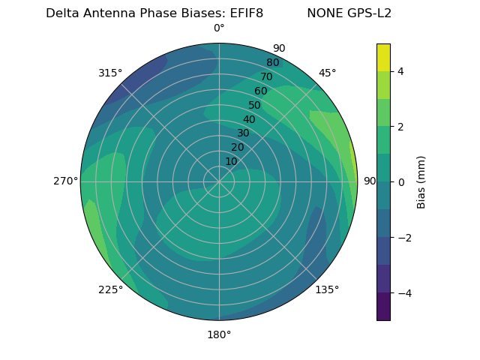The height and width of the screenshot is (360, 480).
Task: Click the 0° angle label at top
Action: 219,28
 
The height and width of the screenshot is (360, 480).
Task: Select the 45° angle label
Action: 327,73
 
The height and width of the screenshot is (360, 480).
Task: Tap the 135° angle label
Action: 327,289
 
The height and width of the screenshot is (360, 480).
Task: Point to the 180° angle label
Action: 219,334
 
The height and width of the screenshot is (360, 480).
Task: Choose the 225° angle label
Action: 110,290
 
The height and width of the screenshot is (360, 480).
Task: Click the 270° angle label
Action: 66,181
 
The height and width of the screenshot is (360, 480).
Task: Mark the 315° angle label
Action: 110,73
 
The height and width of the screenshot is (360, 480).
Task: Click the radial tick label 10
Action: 232,161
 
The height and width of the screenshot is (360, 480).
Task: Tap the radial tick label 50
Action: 255,106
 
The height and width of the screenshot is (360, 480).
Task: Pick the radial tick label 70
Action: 267,77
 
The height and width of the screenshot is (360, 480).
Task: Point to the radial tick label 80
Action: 273,63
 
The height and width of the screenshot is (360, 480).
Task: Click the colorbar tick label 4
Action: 400,71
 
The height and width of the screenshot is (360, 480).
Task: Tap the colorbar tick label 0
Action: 400,182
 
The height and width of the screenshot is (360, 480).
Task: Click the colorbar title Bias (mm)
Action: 421,182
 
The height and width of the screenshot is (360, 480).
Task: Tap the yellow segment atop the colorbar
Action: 383,57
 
